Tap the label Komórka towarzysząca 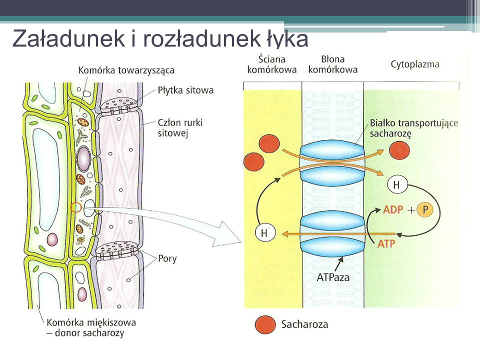tap(126, 70)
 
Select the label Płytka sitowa tap(185, 90)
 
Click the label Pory tap(167, 259)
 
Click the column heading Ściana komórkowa tap(271, 64)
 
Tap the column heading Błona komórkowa tap(332, 64)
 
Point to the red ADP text tap(393, 210)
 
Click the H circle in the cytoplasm tap(396, 185)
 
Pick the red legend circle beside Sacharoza tap(264, 324)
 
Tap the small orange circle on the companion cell tap(75, 206)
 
